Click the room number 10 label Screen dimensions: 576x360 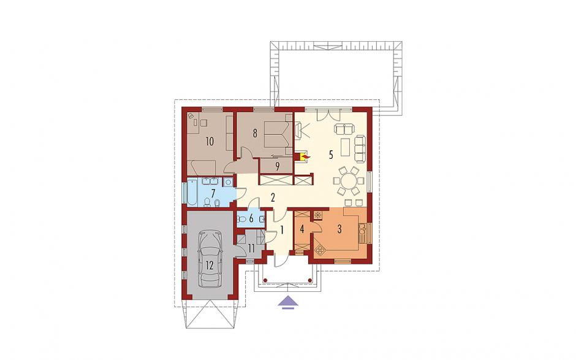pos(210,141)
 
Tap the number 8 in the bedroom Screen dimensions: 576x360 pos(255,134)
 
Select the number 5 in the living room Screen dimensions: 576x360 pos(331,155)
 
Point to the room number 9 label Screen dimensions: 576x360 pos(278,166)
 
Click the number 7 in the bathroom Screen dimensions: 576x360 pos(213,193)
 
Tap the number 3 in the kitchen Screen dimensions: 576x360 pos(339,229)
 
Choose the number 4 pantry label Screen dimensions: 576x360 pos(301,229)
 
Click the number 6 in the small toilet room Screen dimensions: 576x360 pos(251,219)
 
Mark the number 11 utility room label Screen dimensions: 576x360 pos(251,248)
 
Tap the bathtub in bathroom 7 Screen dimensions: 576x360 pos(192,193)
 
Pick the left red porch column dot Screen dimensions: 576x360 pos(264,280)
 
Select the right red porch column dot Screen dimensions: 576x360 pos(310,280)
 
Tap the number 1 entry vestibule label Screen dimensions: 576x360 pos(282,230)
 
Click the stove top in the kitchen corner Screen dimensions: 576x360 pos(317,213)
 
